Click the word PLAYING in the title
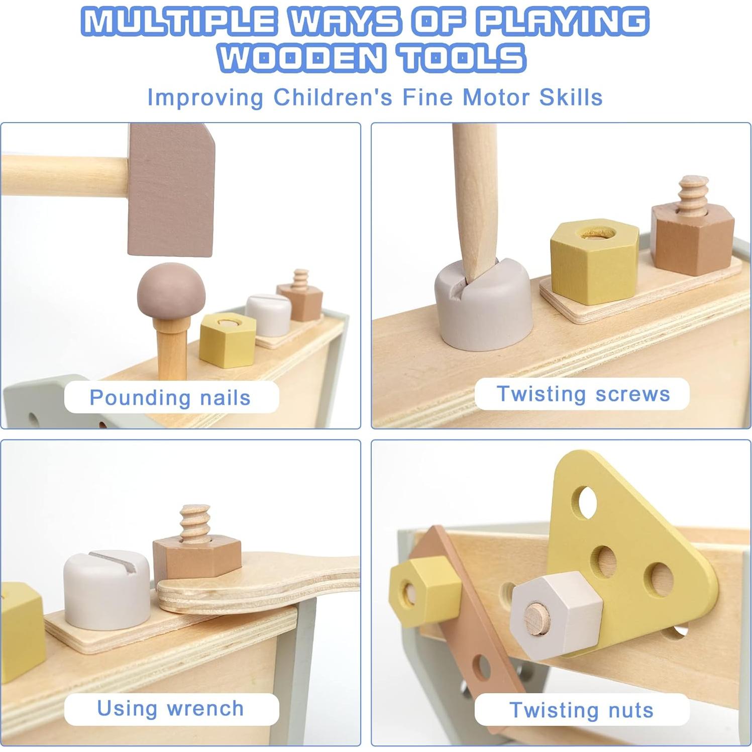562,22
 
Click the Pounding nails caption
170,397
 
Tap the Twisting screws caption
583,394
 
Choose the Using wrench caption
170,708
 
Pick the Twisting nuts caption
581,710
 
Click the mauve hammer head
171,191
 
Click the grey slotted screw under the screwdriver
482,306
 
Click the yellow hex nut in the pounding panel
228,339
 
